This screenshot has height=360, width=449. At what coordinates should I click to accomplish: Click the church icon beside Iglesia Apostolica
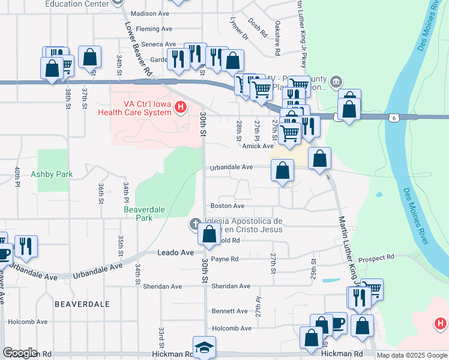tap(194, 224)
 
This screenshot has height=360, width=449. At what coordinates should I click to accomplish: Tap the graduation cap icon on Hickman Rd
tap(204, 347)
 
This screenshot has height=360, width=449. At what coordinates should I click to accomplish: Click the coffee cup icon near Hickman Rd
tap(336, 323)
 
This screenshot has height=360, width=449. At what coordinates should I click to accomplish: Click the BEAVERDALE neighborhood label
tap(82, 304)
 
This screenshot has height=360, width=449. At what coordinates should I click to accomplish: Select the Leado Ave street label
tap(175, 253)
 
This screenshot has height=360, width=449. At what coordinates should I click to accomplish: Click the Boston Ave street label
tap(228, 206)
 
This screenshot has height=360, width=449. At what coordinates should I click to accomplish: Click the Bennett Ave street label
tap(229, 311)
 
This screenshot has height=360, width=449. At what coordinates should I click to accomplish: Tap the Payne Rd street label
tap(225, 259)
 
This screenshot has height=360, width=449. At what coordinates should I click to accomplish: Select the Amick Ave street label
tap(258, 146)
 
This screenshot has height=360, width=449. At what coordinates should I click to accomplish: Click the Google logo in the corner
tap(20, 353)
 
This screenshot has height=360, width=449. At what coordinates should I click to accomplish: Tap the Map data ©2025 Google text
tap(411, 355)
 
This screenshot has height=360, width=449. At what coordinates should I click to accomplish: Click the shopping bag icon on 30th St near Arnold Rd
tap(209, 234)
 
